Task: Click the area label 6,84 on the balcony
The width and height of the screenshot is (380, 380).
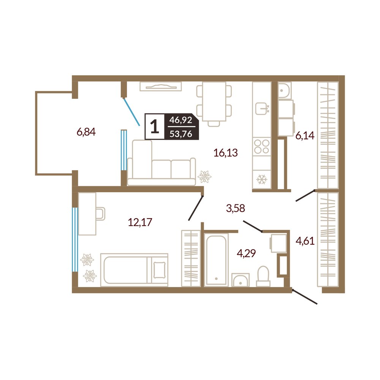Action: pyautogui.click(x=86, y=132)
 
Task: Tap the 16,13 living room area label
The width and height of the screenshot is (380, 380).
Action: pyautogui.click(x=225, y=153)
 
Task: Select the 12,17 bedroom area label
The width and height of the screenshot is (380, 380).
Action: pyautogui.click(x=140, y=222)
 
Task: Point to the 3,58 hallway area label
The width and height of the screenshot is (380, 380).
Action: pyautogui.click(x=236, y=208)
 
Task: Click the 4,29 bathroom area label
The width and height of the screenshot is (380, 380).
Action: pyautogui.click(x=246, y=253)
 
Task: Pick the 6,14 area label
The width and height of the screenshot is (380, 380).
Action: pyautogui.click(x=305, y=136)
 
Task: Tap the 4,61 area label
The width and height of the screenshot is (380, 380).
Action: pyautogui.click(x=305, y=241)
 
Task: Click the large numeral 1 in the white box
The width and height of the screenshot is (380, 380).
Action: pyautogui.click(x=155, y=127)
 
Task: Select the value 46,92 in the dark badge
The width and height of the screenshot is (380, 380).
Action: pyautogui.click(x=181, y=120)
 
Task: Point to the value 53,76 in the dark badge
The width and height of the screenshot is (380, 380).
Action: pyautogui.click(x=181, y=133)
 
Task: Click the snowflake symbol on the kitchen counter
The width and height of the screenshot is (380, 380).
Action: pyautogui.click(x=262, y=179)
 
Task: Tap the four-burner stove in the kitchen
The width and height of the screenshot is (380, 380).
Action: pyautogui.click(x=262, y=147)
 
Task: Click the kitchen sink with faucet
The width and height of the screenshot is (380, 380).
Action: pyautogui.click(x=262, y=108)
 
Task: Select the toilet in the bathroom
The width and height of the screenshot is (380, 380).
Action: pyautogui.click(x=263, y=276)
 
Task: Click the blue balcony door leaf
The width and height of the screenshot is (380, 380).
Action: pyautogui.click(x=132, y=112)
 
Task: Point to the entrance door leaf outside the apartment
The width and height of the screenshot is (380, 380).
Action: pyautogui.click(x=305, y=296)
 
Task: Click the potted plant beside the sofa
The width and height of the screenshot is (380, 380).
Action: pyautogui.click(x=205, y=177)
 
